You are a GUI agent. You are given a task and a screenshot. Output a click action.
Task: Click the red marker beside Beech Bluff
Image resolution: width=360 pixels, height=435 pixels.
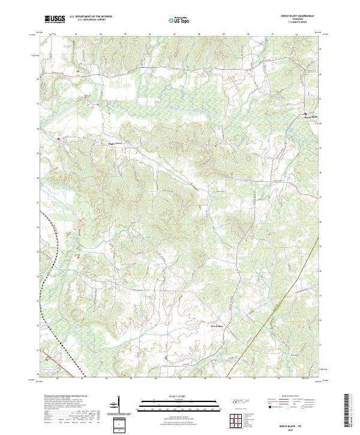click(305, 114)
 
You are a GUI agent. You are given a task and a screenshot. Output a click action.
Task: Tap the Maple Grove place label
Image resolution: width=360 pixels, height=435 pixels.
click(114, 143)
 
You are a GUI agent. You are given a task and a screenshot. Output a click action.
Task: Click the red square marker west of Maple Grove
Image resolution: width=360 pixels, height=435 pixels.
click(58, 139)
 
